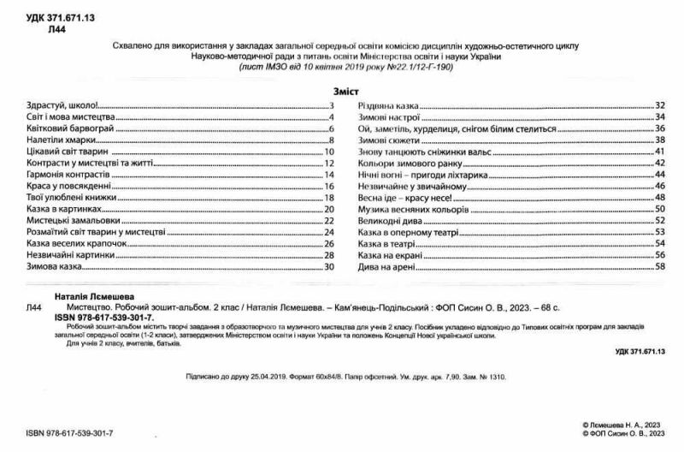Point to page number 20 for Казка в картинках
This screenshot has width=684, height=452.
tap(327, 208)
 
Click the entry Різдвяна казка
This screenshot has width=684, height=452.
tap(387, 104)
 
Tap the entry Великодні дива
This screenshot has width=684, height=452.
tap(386, 220)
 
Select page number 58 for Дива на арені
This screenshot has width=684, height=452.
tap(659, 266)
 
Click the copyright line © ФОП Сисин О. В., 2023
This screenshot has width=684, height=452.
tap(622, 434)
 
